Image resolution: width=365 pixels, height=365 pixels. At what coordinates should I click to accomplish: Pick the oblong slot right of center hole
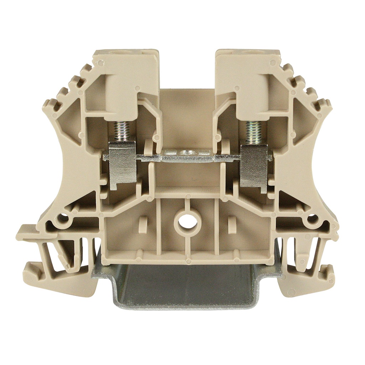(232, 225)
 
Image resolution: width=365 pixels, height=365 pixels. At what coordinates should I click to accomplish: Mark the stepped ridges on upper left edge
(66, 89)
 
